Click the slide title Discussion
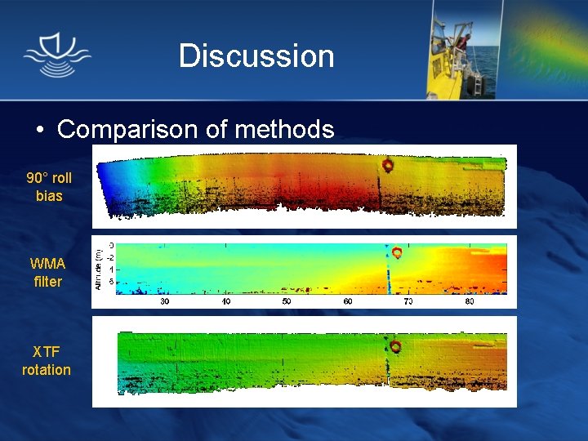(x=256, y=56)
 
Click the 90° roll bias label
(x=49, y=187)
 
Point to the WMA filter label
(x=48, y=273)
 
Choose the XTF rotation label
(x=47, y=360)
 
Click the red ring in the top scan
(x=388, y=165)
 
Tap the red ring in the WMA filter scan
(x=397, y=252)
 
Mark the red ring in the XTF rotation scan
(x=395, y=347)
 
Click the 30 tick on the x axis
(x=164, y=301)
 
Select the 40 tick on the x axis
(x=226, y=301)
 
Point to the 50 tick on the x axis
(x=287, y=301)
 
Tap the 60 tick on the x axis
(x=348, y=301)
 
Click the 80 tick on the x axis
(x=470, y=301)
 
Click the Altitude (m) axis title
(x=99, y=267)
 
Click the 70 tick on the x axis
(x=408, y=301)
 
